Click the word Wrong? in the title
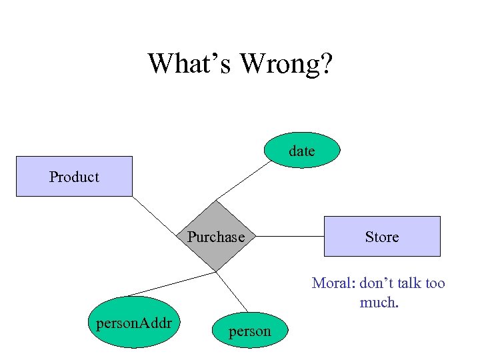[287, 64]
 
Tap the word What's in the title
[190, 64]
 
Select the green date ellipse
[301, 151]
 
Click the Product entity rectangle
[74, 177]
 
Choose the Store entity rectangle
[382, 237]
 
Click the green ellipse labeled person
[250, 331]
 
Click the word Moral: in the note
[333, 283]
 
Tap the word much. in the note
[379, 303]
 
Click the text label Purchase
[215, 237]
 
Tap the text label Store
[382, 237]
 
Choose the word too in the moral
[434, 283]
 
